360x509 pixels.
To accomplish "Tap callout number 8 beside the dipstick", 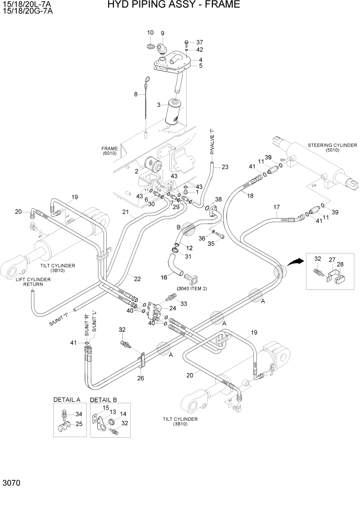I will click(x=136, y=94).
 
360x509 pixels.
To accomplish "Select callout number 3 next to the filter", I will click(x=159, y=105).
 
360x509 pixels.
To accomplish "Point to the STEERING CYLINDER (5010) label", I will click(x=332, y=149).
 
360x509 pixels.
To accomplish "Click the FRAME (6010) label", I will click(x=110, y=151).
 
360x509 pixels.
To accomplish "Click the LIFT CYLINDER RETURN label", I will click(x=33, y=282).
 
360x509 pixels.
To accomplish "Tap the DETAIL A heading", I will click(x=67, y=399).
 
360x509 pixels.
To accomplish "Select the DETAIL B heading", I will click(x=104, y=399).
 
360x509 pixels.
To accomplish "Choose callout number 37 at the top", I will click(x=199, y=42).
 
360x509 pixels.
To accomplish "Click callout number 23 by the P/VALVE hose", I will click(x=225, y=167).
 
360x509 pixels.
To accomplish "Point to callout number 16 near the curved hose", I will click(x=164, y=278).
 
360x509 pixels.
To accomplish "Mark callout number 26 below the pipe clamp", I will click(x=141, y=379).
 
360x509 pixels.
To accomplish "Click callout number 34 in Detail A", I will click(x=78, y=414).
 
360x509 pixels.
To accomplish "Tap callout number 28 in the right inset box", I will click(x=339, y=264).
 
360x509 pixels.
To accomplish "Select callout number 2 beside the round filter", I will click(x=136, y=171).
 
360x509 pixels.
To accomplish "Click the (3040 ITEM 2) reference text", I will click(x=192, y=289).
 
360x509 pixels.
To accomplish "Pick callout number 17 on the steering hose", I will click(x=276, y=207).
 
